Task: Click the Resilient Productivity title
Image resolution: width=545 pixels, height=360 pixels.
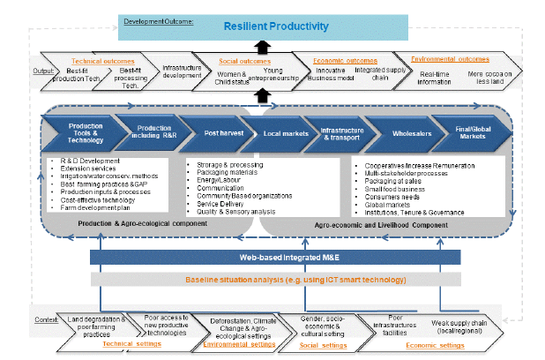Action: [275, 26]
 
